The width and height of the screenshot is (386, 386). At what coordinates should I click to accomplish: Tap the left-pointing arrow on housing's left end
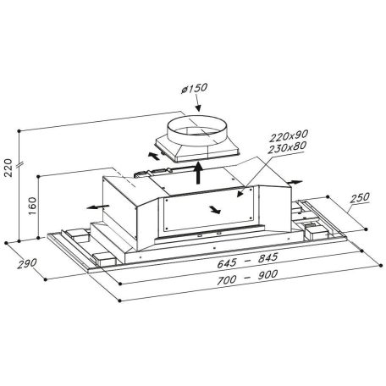coord(91,205)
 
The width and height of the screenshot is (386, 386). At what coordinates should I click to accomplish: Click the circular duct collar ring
coord(191,131)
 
